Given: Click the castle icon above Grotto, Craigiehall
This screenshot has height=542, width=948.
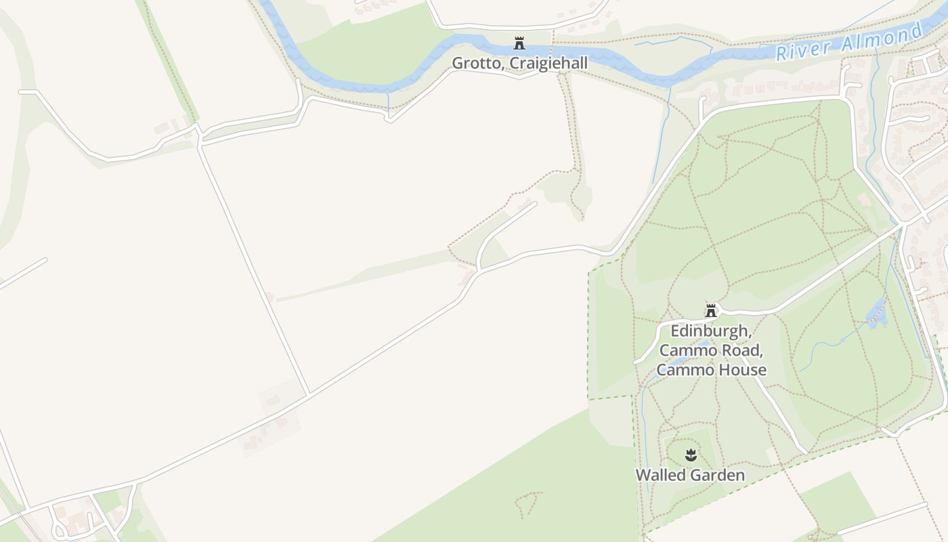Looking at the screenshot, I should tap(519, 43).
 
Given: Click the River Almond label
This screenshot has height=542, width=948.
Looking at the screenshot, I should tap(849, 42).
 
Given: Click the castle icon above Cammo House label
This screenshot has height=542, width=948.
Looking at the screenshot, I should tap(711, 311).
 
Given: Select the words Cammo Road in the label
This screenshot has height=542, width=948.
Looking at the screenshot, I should tap(710, 350).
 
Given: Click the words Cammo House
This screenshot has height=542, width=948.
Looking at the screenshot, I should tap(711, 369).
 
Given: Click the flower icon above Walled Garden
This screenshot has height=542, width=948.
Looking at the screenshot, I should tap(691, 455).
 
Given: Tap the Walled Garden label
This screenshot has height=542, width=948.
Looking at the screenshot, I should tap(690, 475).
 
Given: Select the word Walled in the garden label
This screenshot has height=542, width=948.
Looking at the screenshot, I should tap(660, 475).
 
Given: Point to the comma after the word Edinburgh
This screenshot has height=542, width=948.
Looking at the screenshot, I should tap(751, 335).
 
